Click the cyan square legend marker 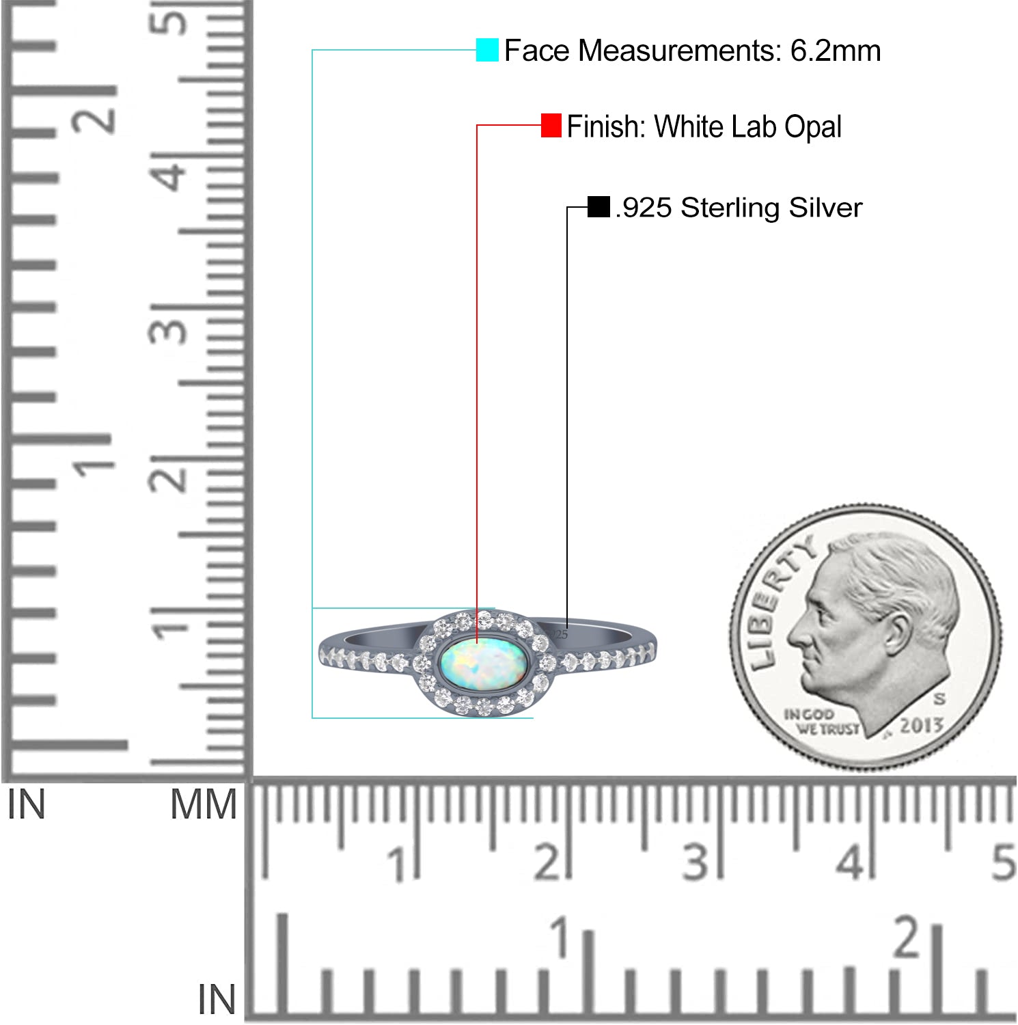click(487, 50)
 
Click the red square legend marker click(551, 125)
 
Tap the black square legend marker click(599, 207)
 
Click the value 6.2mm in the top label click(836, 51)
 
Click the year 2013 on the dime click(920, 726)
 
